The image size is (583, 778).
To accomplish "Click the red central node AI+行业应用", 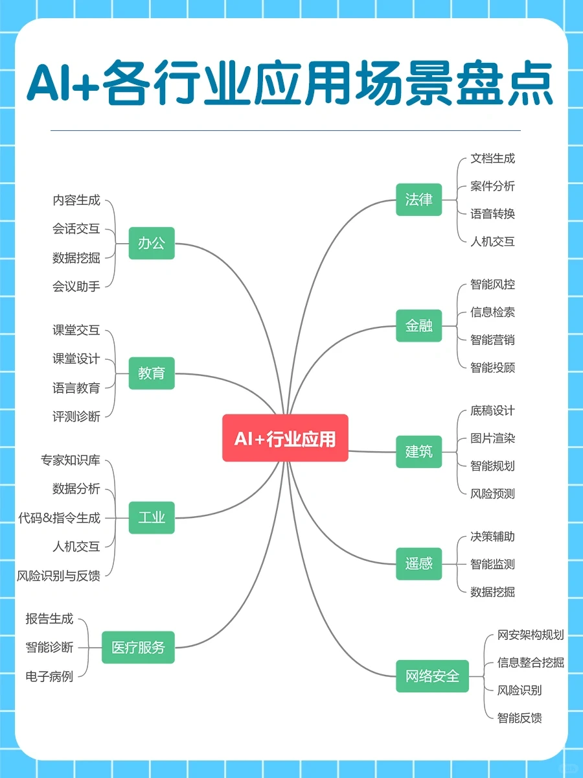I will tap(285, 438).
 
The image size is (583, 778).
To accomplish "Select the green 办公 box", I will tap(152, 243).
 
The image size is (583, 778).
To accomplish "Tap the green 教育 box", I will tap(152, 373).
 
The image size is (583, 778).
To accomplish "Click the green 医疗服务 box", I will tap(138, 647).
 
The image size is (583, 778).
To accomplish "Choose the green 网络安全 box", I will tap(432, 676).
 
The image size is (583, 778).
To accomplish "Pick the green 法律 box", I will tap(418, 200).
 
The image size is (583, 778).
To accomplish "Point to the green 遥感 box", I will tap(418, 563).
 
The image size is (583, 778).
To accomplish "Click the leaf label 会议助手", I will tap(76, 286).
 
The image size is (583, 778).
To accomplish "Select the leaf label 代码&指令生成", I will tap(59, 517).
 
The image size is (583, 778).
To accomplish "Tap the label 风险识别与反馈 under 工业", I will tap(58, 575).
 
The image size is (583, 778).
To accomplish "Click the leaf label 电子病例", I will tap(49, 676).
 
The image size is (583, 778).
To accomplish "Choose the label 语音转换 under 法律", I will tap(492, 213).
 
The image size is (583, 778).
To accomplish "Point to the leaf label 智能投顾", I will tap(492, 368).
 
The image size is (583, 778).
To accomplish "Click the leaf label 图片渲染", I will tap(492, 438).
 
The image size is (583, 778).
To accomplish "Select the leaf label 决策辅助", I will tap(492, 537).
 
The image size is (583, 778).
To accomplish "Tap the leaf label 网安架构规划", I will tap(531, 635).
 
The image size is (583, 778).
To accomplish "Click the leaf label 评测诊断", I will tap(76, 416).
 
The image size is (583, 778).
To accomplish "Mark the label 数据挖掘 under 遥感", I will tap(492, 591).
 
